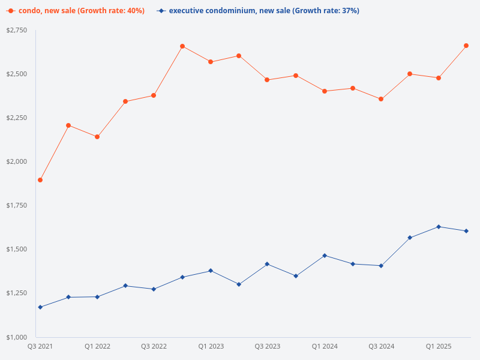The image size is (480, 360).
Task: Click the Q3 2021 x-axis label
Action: coord(40,346)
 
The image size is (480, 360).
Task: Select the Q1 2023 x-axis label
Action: coord(211,346)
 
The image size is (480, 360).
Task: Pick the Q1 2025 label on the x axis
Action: coord(439,346)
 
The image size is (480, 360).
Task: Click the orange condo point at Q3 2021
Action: coord(40,180)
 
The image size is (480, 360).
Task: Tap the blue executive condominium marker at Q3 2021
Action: coord(40,307)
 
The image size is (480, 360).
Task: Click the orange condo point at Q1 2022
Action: coord(97,137)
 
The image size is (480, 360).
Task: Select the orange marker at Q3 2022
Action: coord(154,95)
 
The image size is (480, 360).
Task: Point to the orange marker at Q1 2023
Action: coord(211,62)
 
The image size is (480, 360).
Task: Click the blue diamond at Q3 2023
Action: coord(268,264)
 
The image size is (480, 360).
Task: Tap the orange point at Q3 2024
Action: coord(381,99)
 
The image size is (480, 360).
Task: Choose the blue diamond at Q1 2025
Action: coord(439,227)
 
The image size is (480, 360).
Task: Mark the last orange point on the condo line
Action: coord(466,46)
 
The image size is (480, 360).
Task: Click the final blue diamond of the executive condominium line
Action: coord(466,231)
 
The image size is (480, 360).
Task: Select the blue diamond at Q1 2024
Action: coord(325,256)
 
